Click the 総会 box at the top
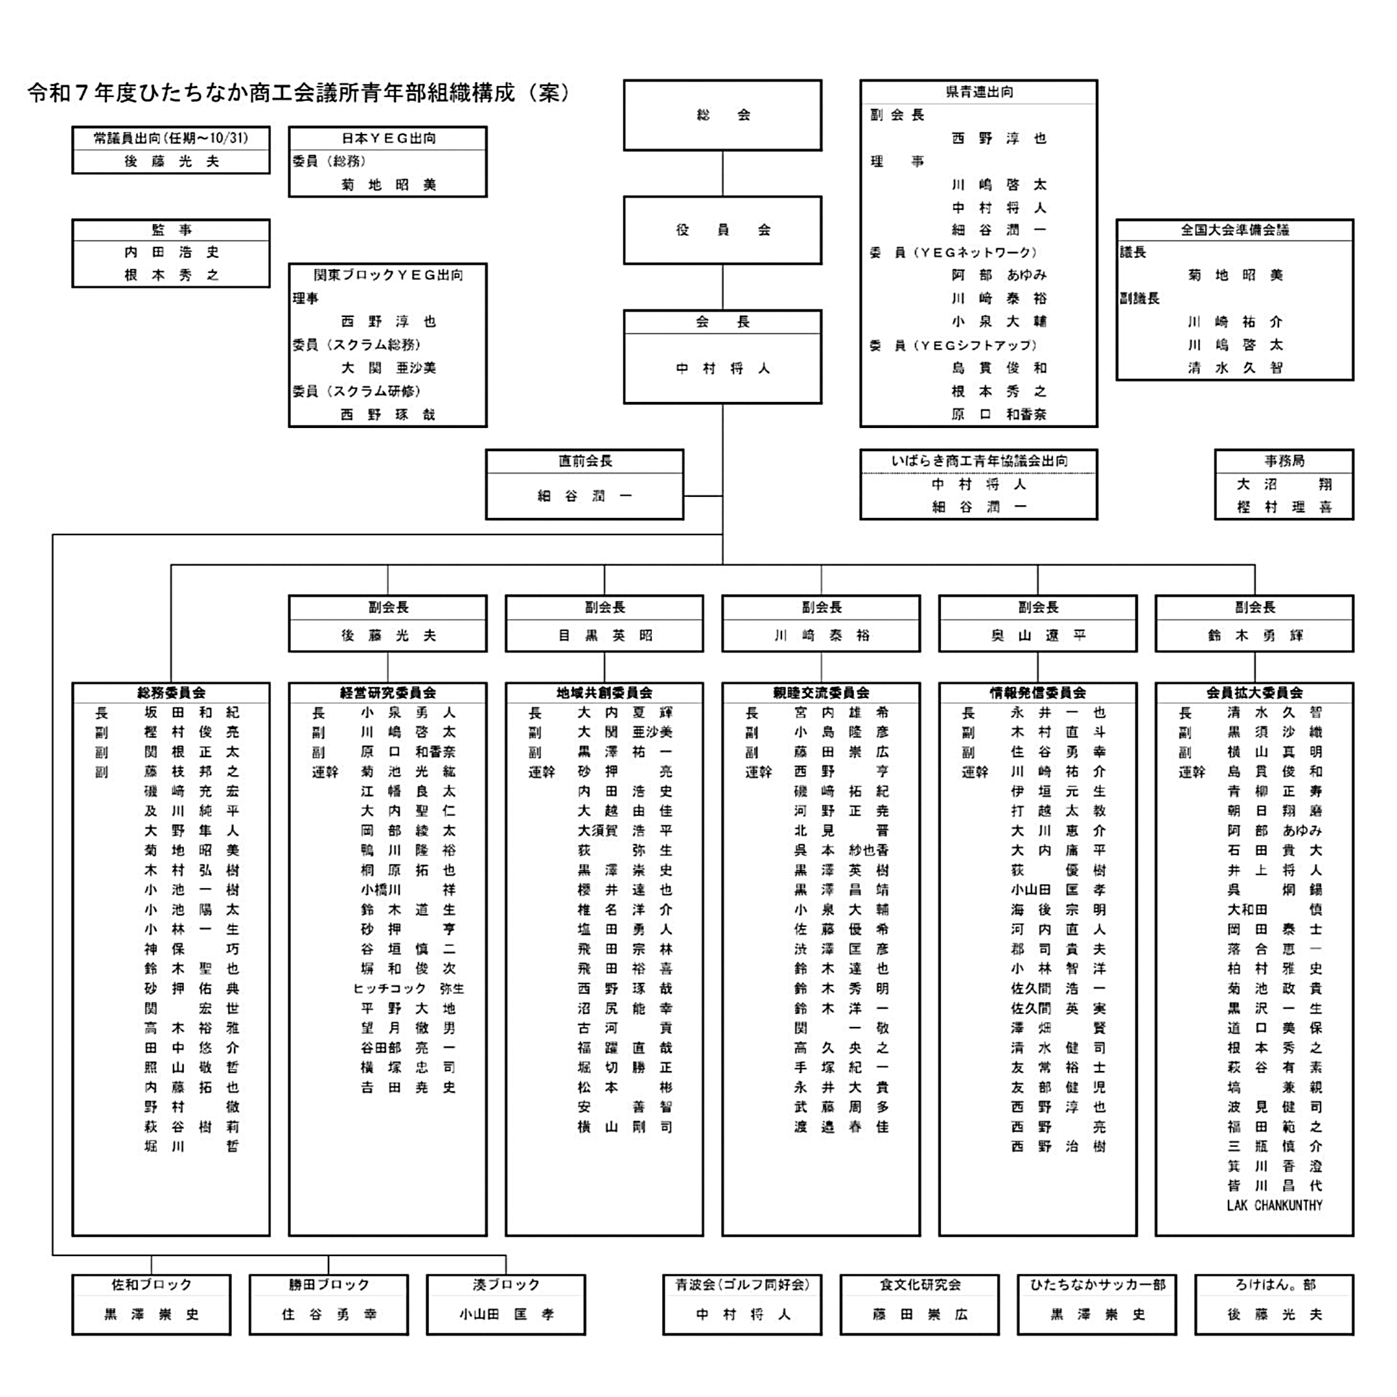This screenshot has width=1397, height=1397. tap(722, 115)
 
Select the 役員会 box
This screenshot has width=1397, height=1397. tap(722, 230)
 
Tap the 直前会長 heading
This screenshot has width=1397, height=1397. tap(584, 461)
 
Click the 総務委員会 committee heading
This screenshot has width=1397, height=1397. tap(171, 693)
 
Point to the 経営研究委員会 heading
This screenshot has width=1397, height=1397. tap(388, 693)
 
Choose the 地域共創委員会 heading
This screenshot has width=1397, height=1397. tap(604, 693)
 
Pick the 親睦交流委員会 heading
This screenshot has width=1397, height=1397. tap(821, 693)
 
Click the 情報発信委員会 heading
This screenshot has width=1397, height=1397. tap(1038, 693)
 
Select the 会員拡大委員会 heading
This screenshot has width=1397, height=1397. tap(1254, 693)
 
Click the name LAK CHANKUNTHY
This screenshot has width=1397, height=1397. tap(1274, 1206)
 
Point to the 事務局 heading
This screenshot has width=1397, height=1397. tap(1283, 461)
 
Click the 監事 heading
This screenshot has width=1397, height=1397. tap(171, 230)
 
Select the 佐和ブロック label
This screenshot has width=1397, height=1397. tap(151, 1285)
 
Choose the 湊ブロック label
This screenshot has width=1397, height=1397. tap(505, 1285)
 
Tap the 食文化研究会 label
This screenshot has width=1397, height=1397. tap(919, 1285)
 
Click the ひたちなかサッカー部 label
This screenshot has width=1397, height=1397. tap(1097, 1285)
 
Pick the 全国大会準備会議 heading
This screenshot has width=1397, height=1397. tap(1234, 230)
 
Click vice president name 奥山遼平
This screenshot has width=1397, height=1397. tap(1038, 635)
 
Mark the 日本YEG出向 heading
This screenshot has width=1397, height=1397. tap(388, 138)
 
